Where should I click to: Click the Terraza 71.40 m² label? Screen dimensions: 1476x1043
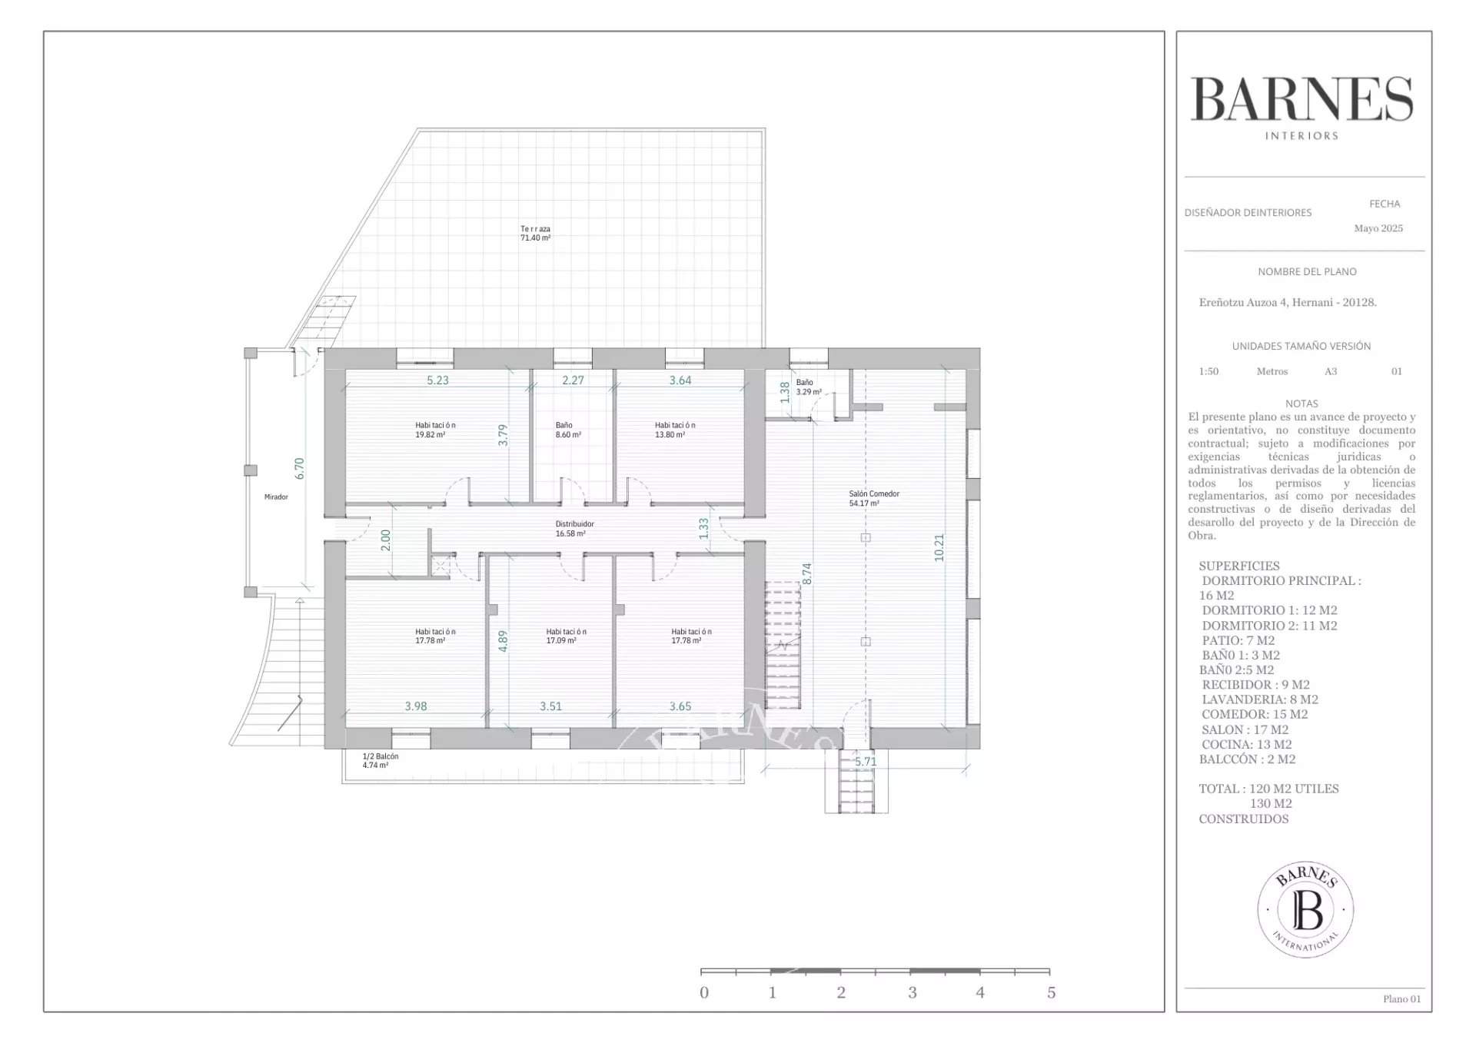click(535, 234)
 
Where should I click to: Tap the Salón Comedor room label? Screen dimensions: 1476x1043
click(874, 499)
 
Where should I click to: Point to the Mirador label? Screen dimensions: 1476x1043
click(276, 497)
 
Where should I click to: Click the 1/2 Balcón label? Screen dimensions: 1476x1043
click(381, 761)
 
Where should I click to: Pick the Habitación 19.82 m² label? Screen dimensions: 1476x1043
click(435, 430)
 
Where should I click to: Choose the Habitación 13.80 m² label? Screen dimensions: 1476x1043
click(675, 430)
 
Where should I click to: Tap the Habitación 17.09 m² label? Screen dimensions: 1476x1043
click(566, 636)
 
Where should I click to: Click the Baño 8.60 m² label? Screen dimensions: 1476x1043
click(568, 430)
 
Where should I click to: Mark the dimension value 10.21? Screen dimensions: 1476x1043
click(939, 548)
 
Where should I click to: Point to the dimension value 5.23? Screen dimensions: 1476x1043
click(437, 380)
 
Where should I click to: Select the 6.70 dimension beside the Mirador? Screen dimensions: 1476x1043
click(300, 469)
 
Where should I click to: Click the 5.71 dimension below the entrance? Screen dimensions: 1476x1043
click(866, 762)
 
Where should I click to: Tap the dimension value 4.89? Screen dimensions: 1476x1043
click(503, 641)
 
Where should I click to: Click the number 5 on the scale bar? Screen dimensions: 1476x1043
click(1051, 992)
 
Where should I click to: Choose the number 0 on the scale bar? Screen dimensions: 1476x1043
click(704, 992)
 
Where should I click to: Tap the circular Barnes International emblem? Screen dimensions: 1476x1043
click(1305, 909)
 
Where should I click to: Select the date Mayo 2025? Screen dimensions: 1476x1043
click(1378, 228)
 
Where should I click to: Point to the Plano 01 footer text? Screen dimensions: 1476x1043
click(1402, 999)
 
